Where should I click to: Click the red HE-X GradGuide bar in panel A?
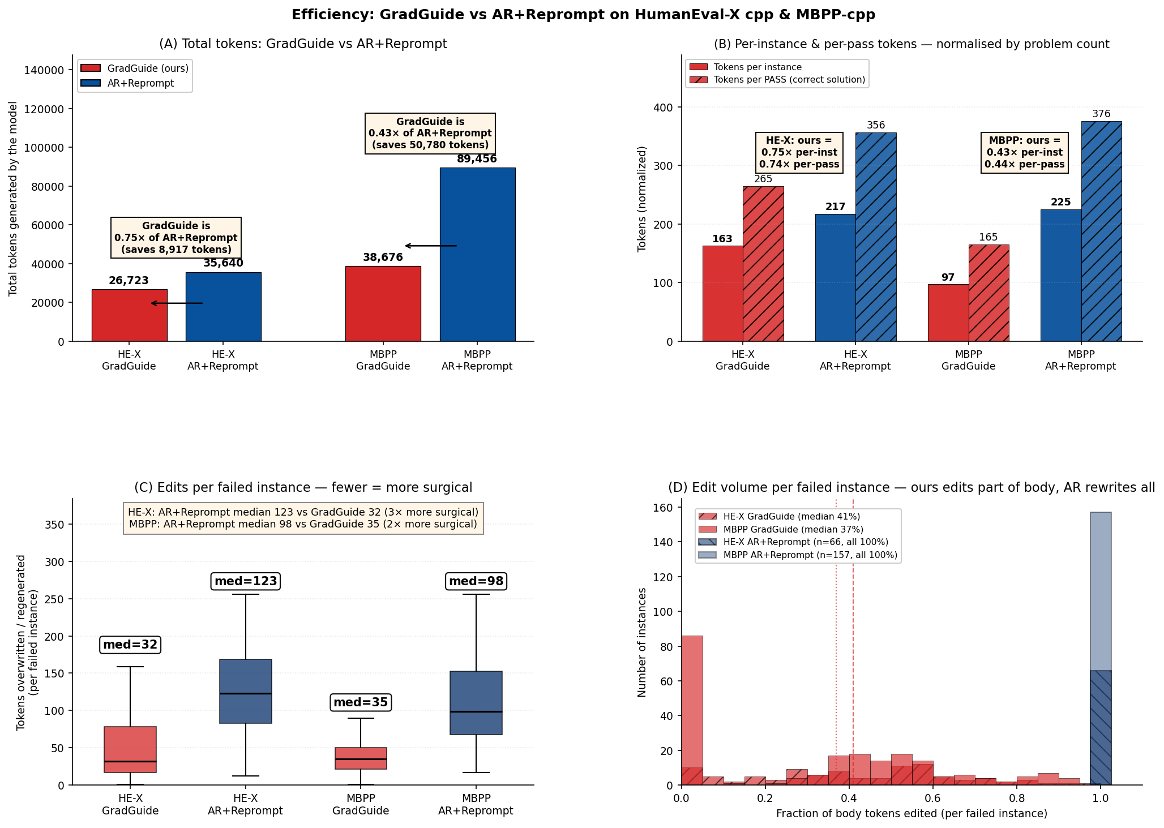click(130, 315)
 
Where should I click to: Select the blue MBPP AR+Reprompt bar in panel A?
click(477, 255)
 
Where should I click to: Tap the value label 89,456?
click(477, 159)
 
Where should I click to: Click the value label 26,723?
click(129, 281)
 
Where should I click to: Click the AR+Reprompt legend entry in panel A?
click(135, 83)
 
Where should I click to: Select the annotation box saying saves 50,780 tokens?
click(430, 134)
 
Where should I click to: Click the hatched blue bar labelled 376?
click(1101, 231)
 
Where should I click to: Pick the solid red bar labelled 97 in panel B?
click(948, 313)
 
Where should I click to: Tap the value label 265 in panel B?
click(763, 179)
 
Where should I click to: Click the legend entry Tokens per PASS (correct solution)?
click(776, 80)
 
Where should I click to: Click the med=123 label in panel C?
click(246, 581)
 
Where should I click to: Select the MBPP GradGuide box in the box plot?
click(361, 758)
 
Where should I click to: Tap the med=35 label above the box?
click(361, 702)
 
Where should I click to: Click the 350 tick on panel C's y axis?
click(56, 525)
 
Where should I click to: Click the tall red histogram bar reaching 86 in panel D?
click(692, 710)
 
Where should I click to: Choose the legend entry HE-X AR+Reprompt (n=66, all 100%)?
click(797, 542)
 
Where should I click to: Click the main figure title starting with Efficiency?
click(583, 15)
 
